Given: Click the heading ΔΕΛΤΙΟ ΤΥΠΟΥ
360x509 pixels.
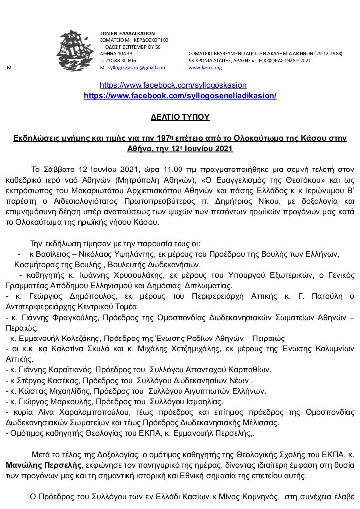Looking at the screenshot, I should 180,117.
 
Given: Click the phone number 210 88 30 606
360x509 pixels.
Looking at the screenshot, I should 119,60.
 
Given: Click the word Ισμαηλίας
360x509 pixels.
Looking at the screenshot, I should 202,401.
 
